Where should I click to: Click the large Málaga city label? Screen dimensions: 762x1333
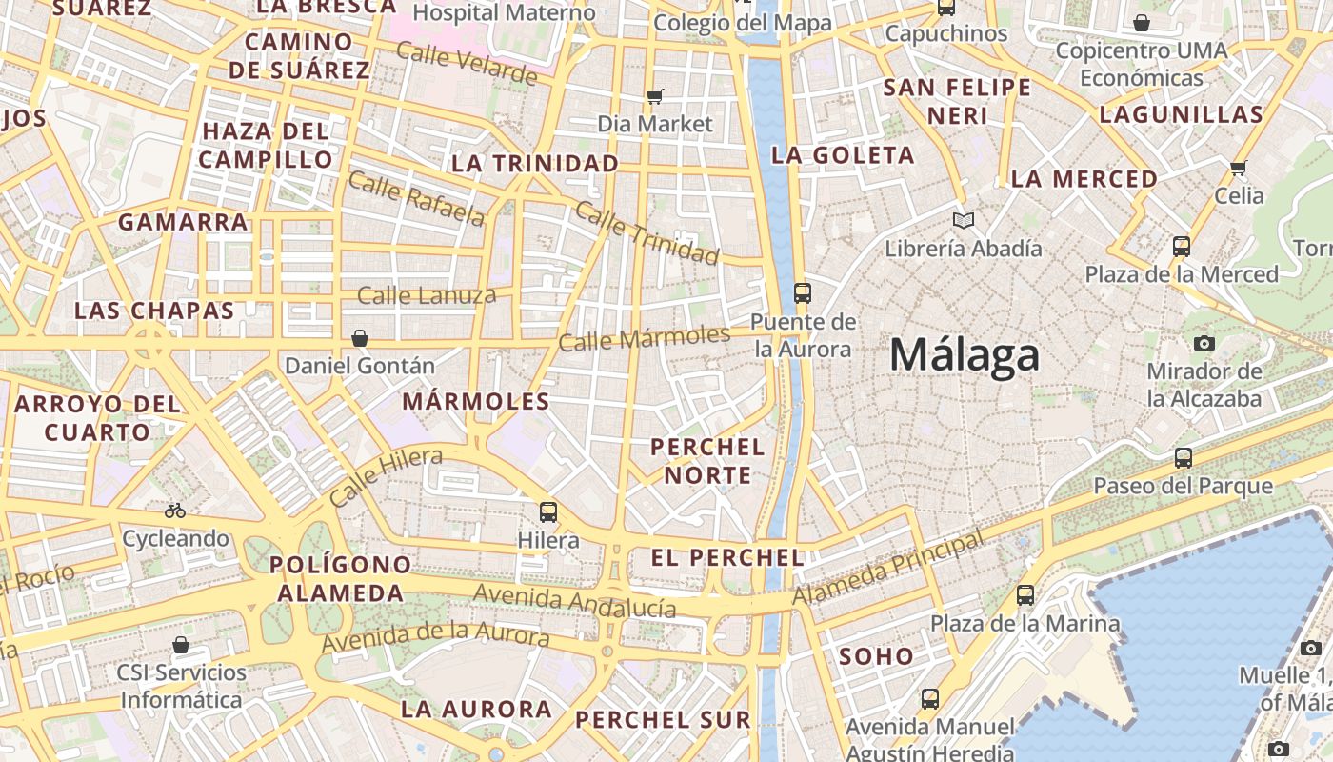pyautogui.click(x=965, y=356)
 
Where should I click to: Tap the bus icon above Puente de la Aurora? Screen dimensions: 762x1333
pyautogui.click(x=803, y=292)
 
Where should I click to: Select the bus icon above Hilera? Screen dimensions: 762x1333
pyautogui.click(x=548, y=511)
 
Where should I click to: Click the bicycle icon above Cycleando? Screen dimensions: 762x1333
pyautogui.click(x=175, y=511)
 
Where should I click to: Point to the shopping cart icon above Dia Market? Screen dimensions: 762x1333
pyautogui.click(x=654, y=95)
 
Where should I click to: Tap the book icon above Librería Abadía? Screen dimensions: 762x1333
pyautogui.click(x=964, y=221)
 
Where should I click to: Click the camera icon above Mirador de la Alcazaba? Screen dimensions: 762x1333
pyautogui.click(x=1204, y=343)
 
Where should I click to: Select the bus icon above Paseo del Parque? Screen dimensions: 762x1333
pyautogui.click(x=1184, y=457)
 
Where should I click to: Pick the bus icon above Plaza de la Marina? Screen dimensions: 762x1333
pyautogui.click(x=1025, y=595)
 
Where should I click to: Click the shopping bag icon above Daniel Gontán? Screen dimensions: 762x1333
pyautogui.click(x=360, y=338)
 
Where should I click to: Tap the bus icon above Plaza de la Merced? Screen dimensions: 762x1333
pyautogui.click(x=1182, y=247)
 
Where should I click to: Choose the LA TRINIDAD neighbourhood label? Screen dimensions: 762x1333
pyautogui.click(x=535, y=164)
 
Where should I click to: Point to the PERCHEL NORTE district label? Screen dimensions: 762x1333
pyautogui.click(x=707, y=461)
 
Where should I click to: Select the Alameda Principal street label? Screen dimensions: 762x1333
pyautogui.click(x=888, y=569)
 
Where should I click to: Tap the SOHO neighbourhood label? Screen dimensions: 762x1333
pyautogui.click(x=876, y=655)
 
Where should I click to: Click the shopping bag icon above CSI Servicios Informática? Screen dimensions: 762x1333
pyautogui.click(x=181, y=645)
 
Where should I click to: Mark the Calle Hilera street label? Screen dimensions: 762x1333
pyautogui.click(x=386, y=476)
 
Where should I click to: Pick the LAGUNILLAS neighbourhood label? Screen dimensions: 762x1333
pyautogui.click(x=1181, y=115)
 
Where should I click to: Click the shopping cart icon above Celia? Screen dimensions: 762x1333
pyautogui.click(x=1238, y=168)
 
